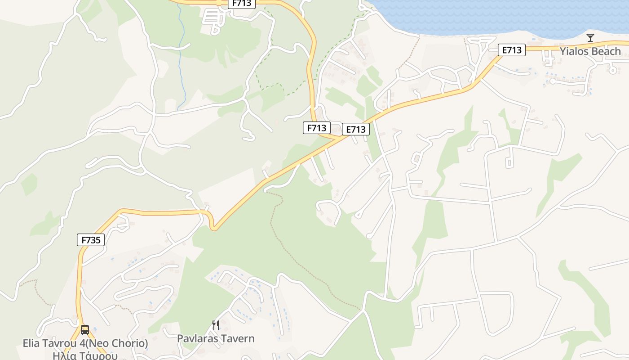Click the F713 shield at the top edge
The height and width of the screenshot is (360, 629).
242,4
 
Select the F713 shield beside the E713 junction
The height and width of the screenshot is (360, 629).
316,128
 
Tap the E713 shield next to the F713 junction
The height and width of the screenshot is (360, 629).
356,130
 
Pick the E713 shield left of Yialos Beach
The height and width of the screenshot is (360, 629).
512,50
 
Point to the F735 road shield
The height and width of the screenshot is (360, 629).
91,240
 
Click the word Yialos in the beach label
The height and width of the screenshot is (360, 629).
573,51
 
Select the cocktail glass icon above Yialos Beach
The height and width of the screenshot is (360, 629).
590,37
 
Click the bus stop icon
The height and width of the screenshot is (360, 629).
84,330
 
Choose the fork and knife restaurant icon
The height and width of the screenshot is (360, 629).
216,325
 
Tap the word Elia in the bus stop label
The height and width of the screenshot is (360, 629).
31,343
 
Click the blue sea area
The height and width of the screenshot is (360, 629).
494,16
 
